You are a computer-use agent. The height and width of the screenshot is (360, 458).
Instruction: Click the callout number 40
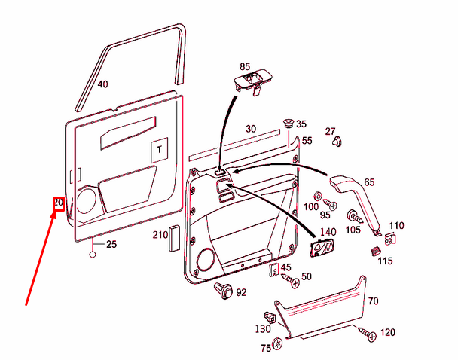[103, 84]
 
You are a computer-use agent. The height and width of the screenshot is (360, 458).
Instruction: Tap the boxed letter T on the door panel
[159, 150]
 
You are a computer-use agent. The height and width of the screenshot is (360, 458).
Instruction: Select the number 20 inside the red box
[57, 203]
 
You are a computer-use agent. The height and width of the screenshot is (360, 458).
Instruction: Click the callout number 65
[369, 182]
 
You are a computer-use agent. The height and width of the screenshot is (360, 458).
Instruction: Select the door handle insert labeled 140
[322, 249]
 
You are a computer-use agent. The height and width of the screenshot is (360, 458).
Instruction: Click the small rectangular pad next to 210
[173, 236]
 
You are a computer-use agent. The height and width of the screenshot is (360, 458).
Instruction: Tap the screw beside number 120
[368, 333]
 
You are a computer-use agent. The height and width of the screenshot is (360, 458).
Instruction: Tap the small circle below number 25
[93, 254]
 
